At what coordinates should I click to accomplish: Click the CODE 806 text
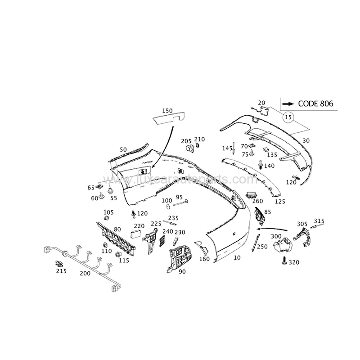[x=315, y=104]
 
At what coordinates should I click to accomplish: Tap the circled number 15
[x=288, y=117]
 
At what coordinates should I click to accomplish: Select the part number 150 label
[x=167, y=111]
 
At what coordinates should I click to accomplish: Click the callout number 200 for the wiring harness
[x=85, y=273]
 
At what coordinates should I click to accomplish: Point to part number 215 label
[x=61, y=271]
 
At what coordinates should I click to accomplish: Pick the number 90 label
[x=182, y=271]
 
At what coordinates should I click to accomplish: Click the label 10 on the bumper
[x=237, y=258]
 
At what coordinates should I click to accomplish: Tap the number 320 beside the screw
[x=294, y=262]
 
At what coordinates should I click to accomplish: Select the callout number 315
[x=319, y=221]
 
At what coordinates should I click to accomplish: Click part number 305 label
[x=302, y=224]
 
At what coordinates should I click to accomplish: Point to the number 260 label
[x=257, y=201]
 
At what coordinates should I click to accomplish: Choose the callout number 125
[x=280, y=202]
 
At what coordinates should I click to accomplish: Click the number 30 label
[x=306, y=140]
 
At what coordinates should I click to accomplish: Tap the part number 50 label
[x=123, y=149]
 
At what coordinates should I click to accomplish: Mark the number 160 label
[x=204, y=259]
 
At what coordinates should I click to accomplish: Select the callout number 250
[x=262, y=247]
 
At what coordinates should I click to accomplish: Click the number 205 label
[x=186, y=141]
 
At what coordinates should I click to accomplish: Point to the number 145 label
[x=227, y=148]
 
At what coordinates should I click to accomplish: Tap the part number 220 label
[x=139, y=226]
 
